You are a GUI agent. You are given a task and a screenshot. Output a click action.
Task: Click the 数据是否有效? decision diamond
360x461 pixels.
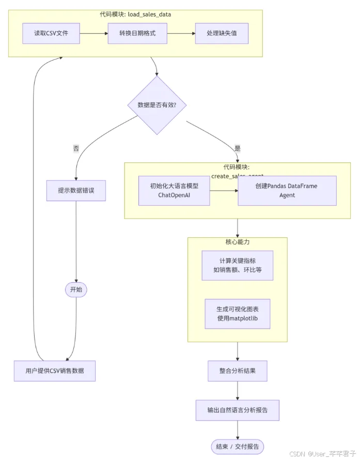[157, 105]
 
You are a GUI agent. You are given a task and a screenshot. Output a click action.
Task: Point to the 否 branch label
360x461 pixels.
[76, 148]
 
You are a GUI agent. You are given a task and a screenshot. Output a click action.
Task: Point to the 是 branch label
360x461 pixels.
[237, 148]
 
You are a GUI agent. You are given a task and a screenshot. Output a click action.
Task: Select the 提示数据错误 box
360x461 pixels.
[76, 190]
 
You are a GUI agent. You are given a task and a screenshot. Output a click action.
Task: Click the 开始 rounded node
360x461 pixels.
[76, 289]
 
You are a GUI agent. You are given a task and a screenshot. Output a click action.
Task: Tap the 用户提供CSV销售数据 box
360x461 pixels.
[54, 371]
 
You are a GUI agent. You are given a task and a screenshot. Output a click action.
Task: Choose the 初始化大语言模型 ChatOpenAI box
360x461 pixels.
[174, 191]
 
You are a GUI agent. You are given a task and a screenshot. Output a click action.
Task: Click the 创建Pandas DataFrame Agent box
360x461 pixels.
[287, 191]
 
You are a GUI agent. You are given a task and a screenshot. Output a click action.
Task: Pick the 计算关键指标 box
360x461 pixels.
[237, 265]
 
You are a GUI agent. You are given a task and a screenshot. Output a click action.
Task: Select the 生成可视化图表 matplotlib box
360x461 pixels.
[237, 314]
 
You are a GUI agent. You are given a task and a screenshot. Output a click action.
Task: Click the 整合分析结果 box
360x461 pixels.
[237, 371]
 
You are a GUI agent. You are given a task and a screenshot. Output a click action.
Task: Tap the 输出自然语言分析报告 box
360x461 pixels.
[237, 410]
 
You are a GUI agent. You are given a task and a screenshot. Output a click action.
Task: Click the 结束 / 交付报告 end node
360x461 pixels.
[237, 446]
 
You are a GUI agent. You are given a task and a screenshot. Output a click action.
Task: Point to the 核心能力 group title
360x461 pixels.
[237, 242]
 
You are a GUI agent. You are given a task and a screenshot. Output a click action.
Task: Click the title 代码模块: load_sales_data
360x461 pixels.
[135, 14]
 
